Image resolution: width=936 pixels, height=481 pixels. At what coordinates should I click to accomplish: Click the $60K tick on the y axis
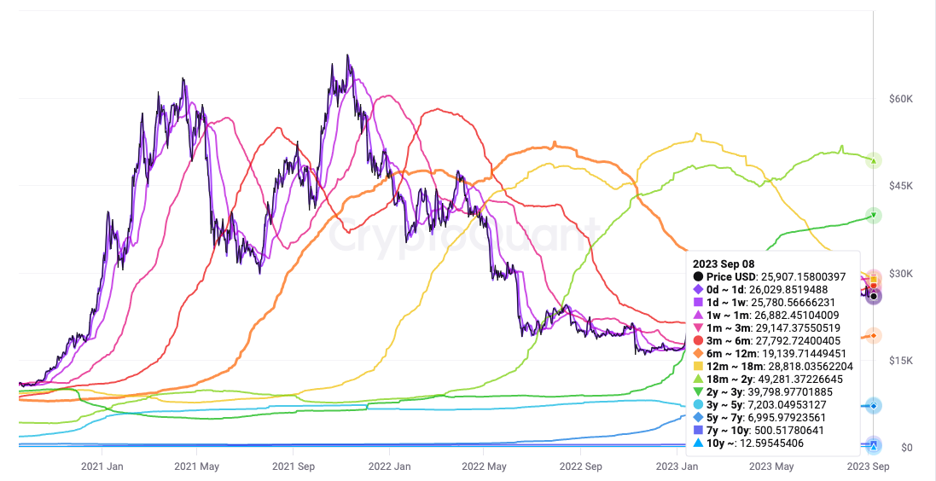pyautogui.click(x=902, y=99)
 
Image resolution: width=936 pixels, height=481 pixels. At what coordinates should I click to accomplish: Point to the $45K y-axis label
pyautogui.click(x=902, y=186)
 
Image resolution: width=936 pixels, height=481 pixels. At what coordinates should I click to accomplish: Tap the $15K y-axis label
pyautogui.click(x=902, y=361)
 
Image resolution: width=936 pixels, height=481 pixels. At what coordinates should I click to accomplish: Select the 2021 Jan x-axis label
pyautogui.click(x=102, y=467)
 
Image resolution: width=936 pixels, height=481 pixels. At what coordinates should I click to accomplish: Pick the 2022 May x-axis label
pyautogui.click(x=485, y=467)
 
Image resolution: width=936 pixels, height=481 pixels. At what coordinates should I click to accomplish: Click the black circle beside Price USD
pyautogui.click(x=699, y=276)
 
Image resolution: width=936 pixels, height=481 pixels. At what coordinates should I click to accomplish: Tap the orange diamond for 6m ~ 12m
pyautogui.click(x=699, y=353)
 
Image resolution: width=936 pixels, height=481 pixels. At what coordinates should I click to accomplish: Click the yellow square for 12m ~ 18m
pyautogui.click(x=699, y=366)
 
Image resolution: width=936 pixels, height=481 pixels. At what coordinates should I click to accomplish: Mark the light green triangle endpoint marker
pyautogui.click(x=873, y=159)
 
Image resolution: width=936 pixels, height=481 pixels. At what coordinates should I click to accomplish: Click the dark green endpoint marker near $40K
pyautogui.click(x=873, y=215)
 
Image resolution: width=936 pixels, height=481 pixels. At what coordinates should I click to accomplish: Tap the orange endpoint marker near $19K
pyautogui.click(x=873, y=335)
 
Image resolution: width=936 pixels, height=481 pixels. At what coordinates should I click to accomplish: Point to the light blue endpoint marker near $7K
pyautogui.click(x=873, y=406)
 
